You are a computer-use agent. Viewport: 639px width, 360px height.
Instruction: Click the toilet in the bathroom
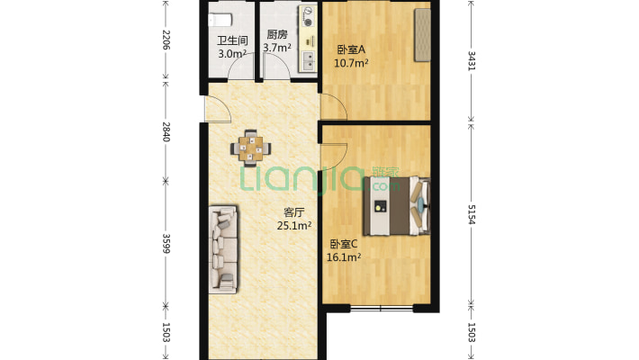click(x=220, y=20)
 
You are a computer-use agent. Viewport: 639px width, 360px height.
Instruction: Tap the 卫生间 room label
click(x=232, y=40)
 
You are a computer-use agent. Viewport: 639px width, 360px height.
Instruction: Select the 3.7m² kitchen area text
click(x=277, y=48)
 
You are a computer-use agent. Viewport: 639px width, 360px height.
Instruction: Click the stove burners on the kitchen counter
click(x=309, y=17)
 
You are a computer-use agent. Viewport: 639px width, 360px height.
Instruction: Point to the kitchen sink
click(x=309, y=61)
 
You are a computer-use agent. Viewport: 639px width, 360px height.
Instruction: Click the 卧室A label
click(x=351, y=49)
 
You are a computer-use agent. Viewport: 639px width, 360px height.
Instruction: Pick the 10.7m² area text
click(x=351, y=63)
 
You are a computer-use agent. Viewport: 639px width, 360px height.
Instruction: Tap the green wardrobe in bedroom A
click(x=423, y=35)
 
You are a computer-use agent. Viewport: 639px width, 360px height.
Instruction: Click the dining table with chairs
click(x=250, y=148)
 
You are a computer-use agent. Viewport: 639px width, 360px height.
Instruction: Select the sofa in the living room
click(x=223, y=249)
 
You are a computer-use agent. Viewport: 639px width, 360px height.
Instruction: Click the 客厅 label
click(x=293, y=212)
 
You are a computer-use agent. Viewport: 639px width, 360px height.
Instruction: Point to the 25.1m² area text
click(x=294, y=226)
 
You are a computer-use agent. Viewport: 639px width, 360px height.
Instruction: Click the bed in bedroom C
click(x=397, y=206)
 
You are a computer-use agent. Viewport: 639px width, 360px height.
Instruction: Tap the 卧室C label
click(x=344, y=244)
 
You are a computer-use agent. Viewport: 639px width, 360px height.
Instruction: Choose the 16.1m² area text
click(x=344, y=257)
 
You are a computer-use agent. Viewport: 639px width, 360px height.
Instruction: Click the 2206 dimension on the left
click(x=166, y=40)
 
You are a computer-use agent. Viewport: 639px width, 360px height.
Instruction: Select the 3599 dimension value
click(x=166, y=243)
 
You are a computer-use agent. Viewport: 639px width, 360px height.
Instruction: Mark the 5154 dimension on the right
click(x=471, y=214)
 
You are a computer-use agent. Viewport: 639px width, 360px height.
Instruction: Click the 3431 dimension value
click(x=471, y=60)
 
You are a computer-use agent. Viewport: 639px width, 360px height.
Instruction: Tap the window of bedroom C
click(x=382, y=308)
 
